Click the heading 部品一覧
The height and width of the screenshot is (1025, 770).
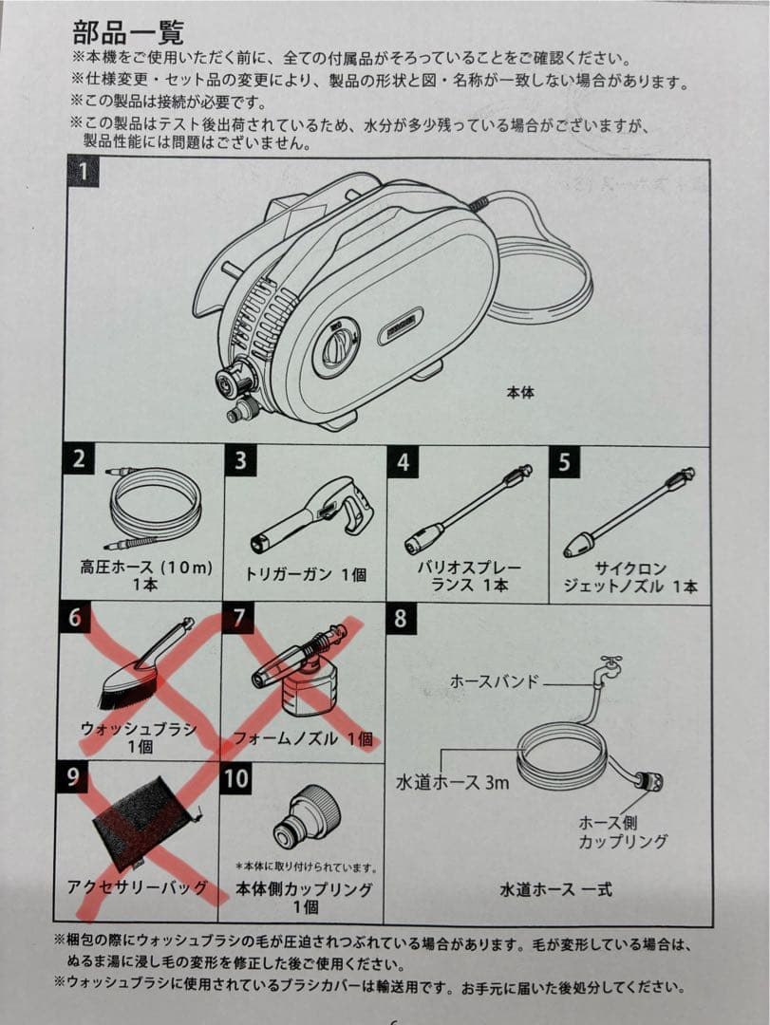pyautogui.click(x=128, y=33)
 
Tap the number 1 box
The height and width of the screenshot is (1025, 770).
pyautogui.click(x=85, y=174)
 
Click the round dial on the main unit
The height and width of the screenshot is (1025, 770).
pyautogui.click(x=338, y=346)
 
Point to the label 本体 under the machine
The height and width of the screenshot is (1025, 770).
pyautogui.click(x=520, y=391)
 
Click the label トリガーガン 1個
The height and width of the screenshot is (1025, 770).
pyautogui.click(x=305, y=573)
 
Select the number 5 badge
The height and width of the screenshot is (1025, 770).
pyautogui.click(x=564, y=462)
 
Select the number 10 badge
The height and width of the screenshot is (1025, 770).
pyautogui.click(x=237, y=779)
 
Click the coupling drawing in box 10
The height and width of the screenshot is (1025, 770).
pyautogui.click(x=303, y=815)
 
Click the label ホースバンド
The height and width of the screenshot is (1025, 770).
pyautogui.click(x=493, y=680)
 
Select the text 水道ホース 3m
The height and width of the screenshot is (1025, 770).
pyautogui.click(x=452, y=782)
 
